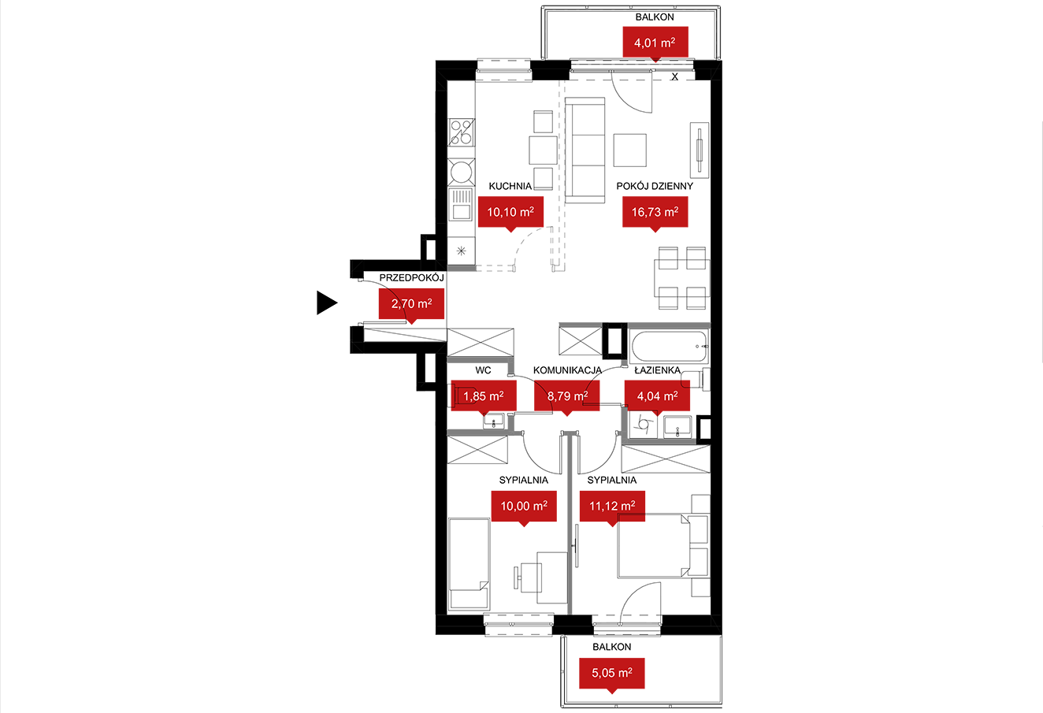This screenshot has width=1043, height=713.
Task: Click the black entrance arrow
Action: click(327, 303)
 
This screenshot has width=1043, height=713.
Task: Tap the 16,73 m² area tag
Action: click(655, 214)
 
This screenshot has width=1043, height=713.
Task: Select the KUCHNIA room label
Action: click(510, 186)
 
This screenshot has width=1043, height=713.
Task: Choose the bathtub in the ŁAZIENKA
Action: click(670, 347)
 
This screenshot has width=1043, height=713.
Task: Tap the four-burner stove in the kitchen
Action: click(462, 132)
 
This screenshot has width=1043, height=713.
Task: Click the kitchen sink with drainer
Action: click(461, 204)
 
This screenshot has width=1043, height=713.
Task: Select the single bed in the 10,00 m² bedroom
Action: click(470, 564)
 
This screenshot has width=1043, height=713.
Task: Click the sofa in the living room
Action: click(585, 150)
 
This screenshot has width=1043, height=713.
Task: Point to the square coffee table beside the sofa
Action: click(630, 150)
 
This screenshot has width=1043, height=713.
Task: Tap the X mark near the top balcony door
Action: click(674, 77)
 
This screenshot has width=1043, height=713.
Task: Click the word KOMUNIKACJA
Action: click(567, 370)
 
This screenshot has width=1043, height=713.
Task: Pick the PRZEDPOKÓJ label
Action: click(412, 277)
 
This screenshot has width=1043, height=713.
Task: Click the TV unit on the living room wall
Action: click(700, 150)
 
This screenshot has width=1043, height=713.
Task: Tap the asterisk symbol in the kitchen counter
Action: click(461, 251)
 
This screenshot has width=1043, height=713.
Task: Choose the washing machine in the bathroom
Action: click(644, 425)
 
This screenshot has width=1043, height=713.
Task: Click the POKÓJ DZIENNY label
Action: click(655, 186)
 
